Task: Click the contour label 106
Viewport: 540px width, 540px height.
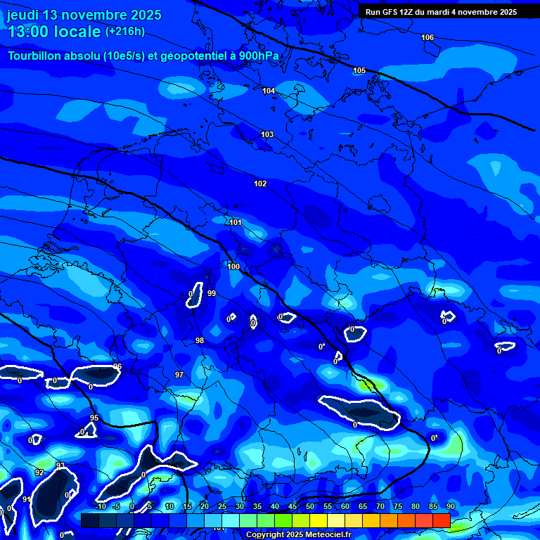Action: (x=427, y=37)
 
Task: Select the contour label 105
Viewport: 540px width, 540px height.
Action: (x=359, y=70)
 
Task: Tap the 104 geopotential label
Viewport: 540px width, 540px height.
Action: (x=269, y=91)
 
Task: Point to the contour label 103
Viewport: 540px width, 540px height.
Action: (x=267, y=134)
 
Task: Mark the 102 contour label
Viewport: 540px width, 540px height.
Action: (x=260, y=184)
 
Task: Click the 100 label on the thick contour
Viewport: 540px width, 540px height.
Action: (x=233, y=267)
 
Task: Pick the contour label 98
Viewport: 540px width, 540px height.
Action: (x=200, y=340)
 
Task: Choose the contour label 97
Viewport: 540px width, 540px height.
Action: (x=179, y=375)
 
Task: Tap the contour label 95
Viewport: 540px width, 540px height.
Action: (x=94, y=418)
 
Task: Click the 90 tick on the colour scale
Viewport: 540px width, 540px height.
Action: (x=450, y=506)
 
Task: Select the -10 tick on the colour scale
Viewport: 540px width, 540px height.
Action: (x=100, y=506)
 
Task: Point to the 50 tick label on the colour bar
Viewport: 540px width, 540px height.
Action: (x=310, y=506)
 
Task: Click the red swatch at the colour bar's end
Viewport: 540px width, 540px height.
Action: (x=441, y=520)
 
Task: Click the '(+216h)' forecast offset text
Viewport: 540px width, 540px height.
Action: (x=124, y=31)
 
